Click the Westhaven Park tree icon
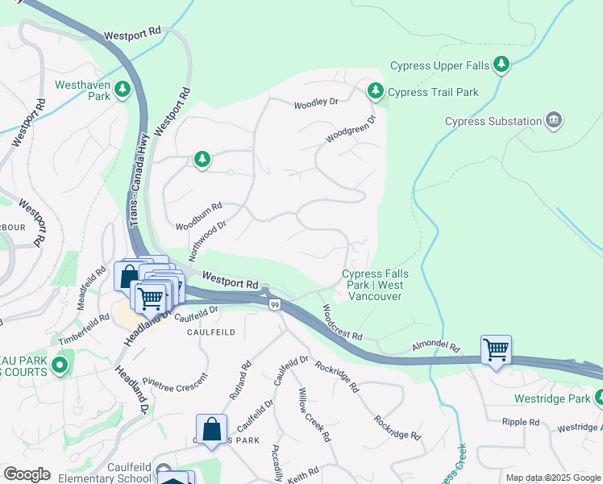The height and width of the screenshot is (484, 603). point(123,90)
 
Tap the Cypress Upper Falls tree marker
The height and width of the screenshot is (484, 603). point(501,64)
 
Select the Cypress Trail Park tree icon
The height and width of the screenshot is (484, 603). point(375,90)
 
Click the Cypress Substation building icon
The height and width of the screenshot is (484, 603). point(554,121)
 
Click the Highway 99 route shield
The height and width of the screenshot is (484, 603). point(275,303)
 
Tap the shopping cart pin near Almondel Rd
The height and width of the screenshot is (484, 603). point(496,350)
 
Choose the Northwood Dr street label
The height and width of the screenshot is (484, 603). point(207,240)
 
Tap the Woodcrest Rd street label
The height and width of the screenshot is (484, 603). point(342,322)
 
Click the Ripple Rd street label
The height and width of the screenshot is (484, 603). point(520,422)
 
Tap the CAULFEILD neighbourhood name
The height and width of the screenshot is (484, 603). point(211,332)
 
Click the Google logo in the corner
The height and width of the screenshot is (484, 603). point(27,474)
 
